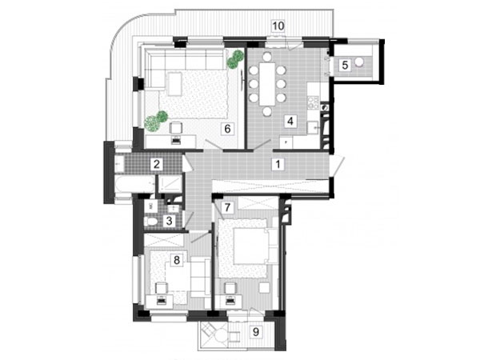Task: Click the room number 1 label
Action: point(278,164)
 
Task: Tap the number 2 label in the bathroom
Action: point(157,164)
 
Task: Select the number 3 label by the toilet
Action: point(169,221)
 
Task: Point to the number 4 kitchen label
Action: point(290,122)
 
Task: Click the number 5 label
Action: point(345,66)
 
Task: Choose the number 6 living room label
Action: point(227,129)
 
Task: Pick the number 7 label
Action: point(227,207)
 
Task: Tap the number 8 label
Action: point(176,261)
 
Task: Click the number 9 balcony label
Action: point(256,332)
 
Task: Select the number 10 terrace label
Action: point(278,26)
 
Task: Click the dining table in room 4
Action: point(267,84)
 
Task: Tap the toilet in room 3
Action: point(151,221)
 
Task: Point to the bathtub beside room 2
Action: point(134,185)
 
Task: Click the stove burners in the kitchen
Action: point(313,102)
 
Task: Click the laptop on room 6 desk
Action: point(176,140)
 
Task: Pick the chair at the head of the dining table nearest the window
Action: point(267,56)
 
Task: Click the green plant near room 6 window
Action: point(235,59)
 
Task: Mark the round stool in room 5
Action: point(358,62)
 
